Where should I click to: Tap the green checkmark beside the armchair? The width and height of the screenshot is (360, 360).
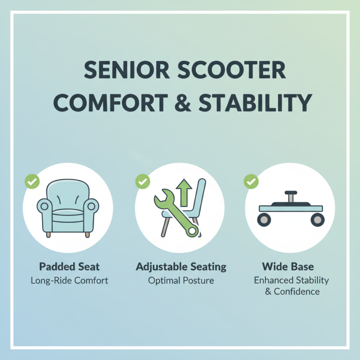coord(32,182)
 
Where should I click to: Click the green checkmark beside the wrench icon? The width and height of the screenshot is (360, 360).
coord(143,182)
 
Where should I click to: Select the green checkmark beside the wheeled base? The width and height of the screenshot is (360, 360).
coord(251,182)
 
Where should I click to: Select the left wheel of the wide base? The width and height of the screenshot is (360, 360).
coord(263,219)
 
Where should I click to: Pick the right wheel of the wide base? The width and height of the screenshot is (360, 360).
coord(317,219)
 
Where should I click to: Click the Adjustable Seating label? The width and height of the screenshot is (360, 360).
coord(181,266)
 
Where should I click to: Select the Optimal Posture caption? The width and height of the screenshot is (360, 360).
coord(181,280)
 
